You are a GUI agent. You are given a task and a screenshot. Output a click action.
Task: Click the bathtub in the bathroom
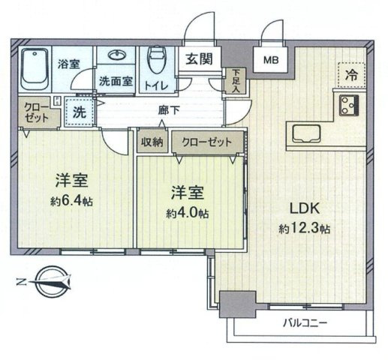[x=35, y=69]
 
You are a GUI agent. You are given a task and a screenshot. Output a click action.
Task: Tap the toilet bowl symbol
[x=157, y=59]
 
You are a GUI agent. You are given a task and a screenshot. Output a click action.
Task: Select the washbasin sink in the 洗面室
[x=116, y=55]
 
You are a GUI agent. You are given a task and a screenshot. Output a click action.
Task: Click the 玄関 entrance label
[x=200, y=59]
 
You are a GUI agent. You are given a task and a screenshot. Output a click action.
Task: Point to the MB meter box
[x=271, y=60]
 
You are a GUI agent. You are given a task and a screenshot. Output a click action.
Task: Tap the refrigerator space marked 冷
[x=351, y=75]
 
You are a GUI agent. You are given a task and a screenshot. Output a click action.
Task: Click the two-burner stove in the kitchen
[x=349, y=106]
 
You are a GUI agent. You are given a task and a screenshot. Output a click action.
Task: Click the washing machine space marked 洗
[x=80, y=112]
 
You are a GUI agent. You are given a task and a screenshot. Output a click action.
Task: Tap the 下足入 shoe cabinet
[x=236, y=81]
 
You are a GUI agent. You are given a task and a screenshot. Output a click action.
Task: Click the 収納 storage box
[x=152, y=142]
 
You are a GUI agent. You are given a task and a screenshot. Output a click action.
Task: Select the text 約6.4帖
[x=72, y=201]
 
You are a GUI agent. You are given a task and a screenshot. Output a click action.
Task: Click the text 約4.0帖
[x=188, y=213]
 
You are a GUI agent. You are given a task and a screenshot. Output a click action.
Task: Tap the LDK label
[x=305, y=208]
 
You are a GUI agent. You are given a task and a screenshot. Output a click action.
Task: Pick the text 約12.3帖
[x=304, y=229]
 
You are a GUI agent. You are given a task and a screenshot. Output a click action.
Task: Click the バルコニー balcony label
[x=305, y=323]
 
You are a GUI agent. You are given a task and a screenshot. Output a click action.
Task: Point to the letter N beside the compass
[x=22, y=282]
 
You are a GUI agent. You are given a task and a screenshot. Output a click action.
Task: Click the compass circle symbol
[x=53, y=282]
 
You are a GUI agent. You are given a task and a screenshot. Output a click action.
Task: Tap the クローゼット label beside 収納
[x=207, y=142]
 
